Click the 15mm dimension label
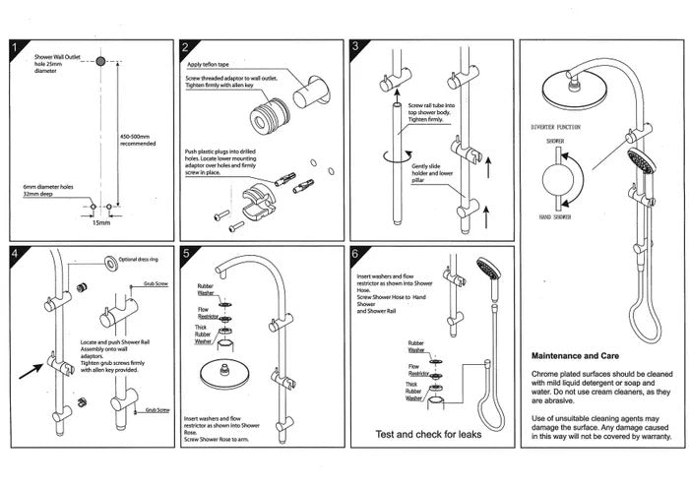coord(100,223)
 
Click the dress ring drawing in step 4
coord(104,261)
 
